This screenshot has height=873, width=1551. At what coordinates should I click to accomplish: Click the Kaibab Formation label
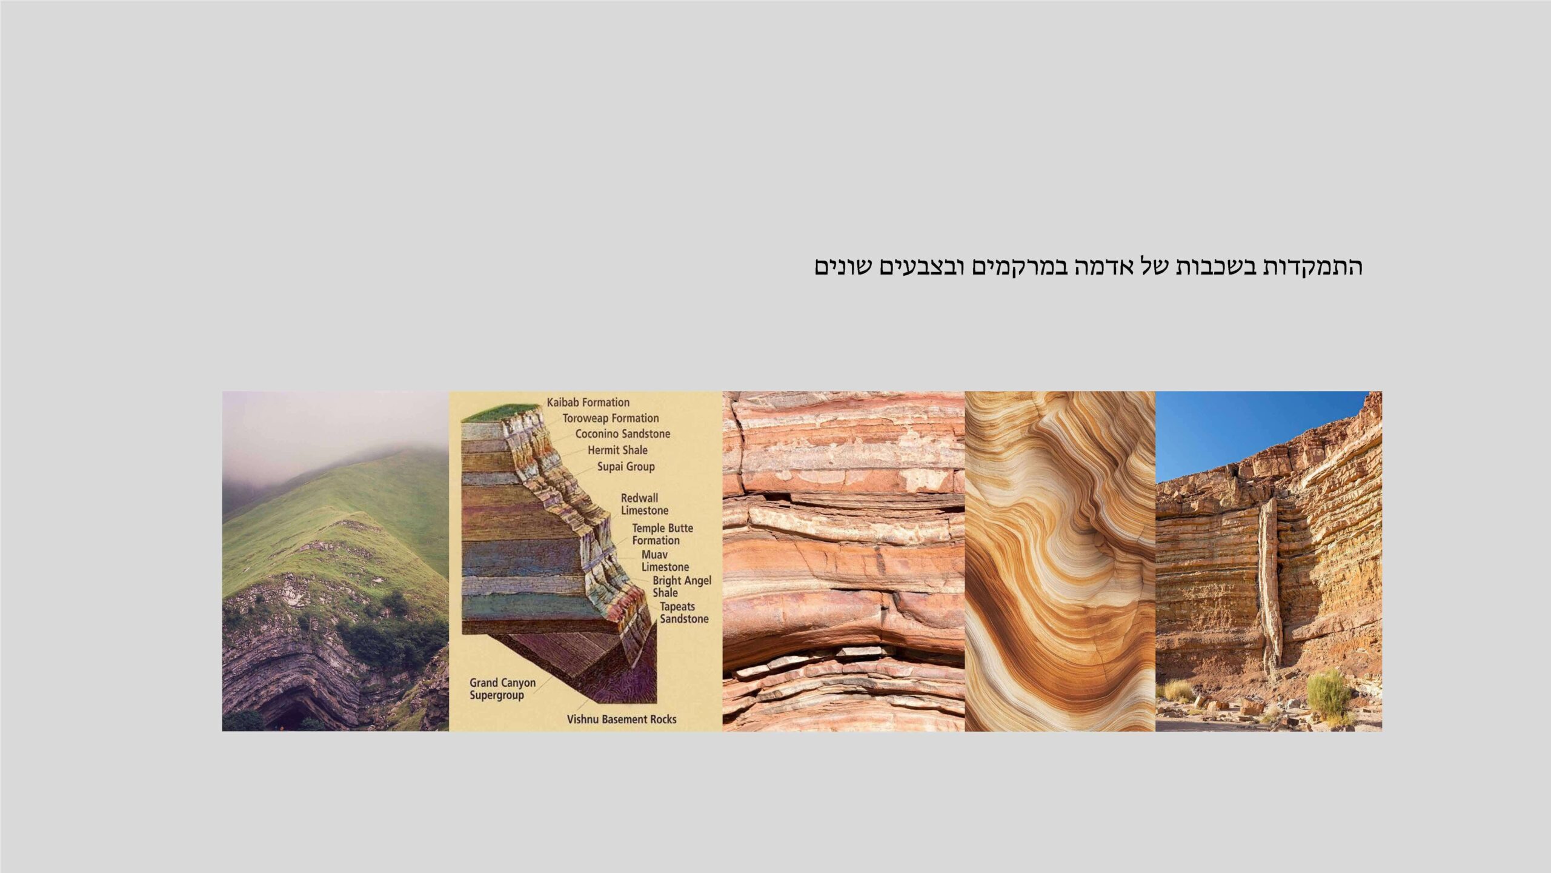click(588, 403)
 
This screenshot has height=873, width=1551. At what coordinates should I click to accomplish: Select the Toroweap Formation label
click(610, 418)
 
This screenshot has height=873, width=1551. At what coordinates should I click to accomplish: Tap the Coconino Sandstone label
click(623, 434)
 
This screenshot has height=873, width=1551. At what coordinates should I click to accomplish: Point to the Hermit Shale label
click(617, 450)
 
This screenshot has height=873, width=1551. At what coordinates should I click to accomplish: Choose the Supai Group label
click(626, 467)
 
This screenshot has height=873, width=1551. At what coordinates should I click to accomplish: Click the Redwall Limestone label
click(645, 504)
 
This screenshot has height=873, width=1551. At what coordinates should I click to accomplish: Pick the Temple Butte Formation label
click(662, 534)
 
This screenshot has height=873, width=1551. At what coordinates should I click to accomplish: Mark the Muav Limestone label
click(665, 561)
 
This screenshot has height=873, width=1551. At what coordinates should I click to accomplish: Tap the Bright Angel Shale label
click(682, 587)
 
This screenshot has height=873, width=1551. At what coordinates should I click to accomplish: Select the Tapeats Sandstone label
click(684, 613)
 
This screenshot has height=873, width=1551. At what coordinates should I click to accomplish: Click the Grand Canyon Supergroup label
click(502, 689)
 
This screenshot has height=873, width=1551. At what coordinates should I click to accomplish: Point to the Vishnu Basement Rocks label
click(622, 720)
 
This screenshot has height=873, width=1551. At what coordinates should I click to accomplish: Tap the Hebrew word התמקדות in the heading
click(1312, 267)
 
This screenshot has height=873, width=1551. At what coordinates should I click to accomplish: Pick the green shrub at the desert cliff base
click(1329, 694)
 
